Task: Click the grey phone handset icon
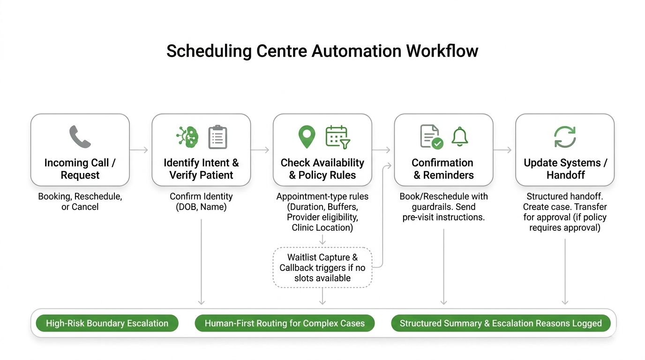(x=80, y=137)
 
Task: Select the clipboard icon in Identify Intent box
(x=217, y=137)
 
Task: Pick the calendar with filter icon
(x=337, y=137)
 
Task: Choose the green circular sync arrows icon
(x=565, y=137)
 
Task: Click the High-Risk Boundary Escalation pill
(x=107, y=323)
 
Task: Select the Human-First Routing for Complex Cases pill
(x=285, y=323)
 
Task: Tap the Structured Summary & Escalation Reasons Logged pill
(x=501, y=323)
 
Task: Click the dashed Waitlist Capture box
(x=322, y=268)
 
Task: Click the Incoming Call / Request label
(x=80, y=169)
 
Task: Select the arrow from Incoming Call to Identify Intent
(x=139, y=150)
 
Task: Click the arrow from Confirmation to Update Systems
(x=503, y=150)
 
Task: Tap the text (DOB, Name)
(x=201, y=207)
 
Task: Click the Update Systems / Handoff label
(x=565, y=169)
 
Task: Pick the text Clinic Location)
(x=322, y=228)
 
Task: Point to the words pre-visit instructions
(x=443, y=217)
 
